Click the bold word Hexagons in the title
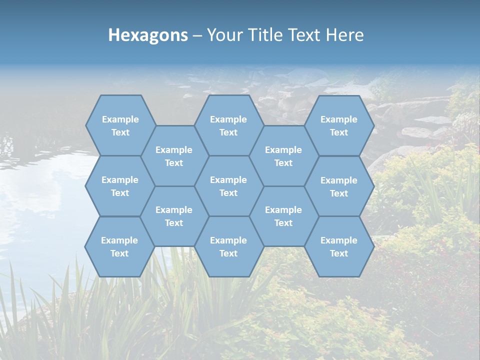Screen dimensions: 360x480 148,35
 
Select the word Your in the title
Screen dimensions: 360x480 223,35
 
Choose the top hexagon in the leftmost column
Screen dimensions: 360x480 120,125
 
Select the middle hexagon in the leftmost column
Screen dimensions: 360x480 120,186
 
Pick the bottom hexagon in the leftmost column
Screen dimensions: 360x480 120,246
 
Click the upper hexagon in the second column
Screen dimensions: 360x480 174,156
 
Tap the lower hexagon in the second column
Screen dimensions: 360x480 174,216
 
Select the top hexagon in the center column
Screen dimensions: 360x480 228,125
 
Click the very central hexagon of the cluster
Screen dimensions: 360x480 228,186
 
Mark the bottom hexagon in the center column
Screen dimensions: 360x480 228,246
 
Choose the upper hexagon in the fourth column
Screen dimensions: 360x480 283,156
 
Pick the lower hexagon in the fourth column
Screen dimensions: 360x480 283,216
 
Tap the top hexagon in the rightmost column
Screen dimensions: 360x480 339,125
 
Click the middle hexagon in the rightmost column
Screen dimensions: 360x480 339,186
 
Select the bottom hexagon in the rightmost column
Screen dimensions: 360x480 339,246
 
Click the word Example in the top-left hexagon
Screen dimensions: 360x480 120,119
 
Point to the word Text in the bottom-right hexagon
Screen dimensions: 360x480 339,253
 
